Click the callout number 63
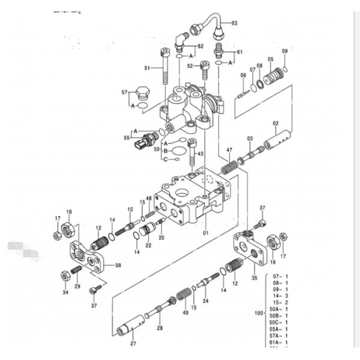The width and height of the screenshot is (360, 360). pyautogui.click(x=235, y=23)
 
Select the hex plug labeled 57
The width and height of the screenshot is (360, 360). pyautogui.click(x=142, y=93)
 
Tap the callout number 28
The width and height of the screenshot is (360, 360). pyautogui.click(x=160, y=328)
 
